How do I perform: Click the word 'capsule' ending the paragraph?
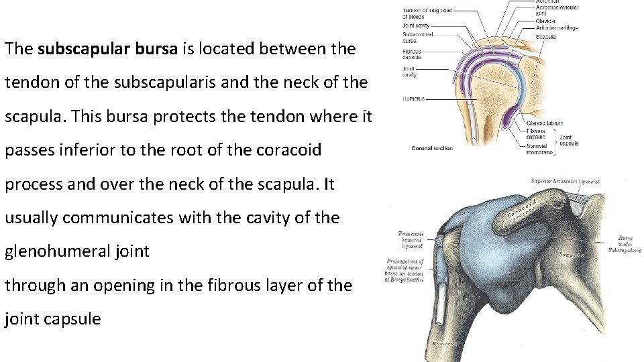72,318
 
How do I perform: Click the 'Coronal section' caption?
432,148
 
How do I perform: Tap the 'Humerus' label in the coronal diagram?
413,99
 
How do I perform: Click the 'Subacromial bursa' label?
418,37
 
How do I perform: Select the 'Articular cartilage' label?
556,27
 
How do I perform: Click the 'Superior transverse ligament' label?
565,182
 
